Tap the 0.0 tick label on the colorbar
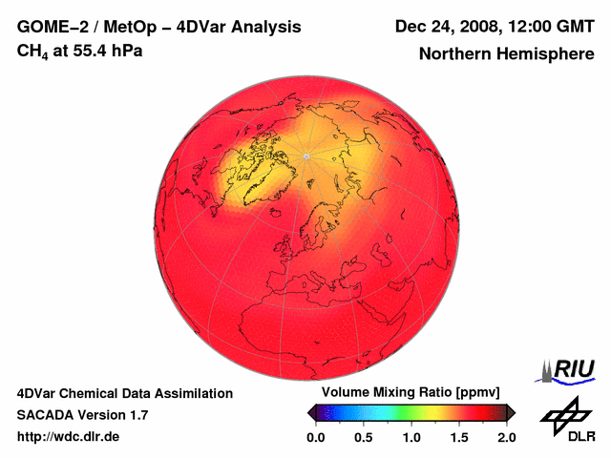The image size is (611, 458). click(315, 437)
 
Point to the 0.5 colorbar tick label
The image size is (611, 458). click(363, 437)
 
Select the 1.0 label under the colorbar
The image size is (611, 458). click(411, 437)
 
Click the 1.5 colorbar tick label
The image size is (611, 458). click(458, 437)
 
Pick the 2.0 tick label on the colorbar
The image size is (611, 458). click(506, 437)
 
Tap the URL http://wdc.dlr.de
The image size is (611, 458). click(69, 437)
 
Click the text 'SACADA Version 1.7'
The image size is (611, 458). click(82, 415)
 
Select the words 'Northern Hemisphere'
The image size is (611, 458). click(506, 54)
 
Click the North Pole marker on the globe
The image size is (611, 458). click(305, 155)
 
